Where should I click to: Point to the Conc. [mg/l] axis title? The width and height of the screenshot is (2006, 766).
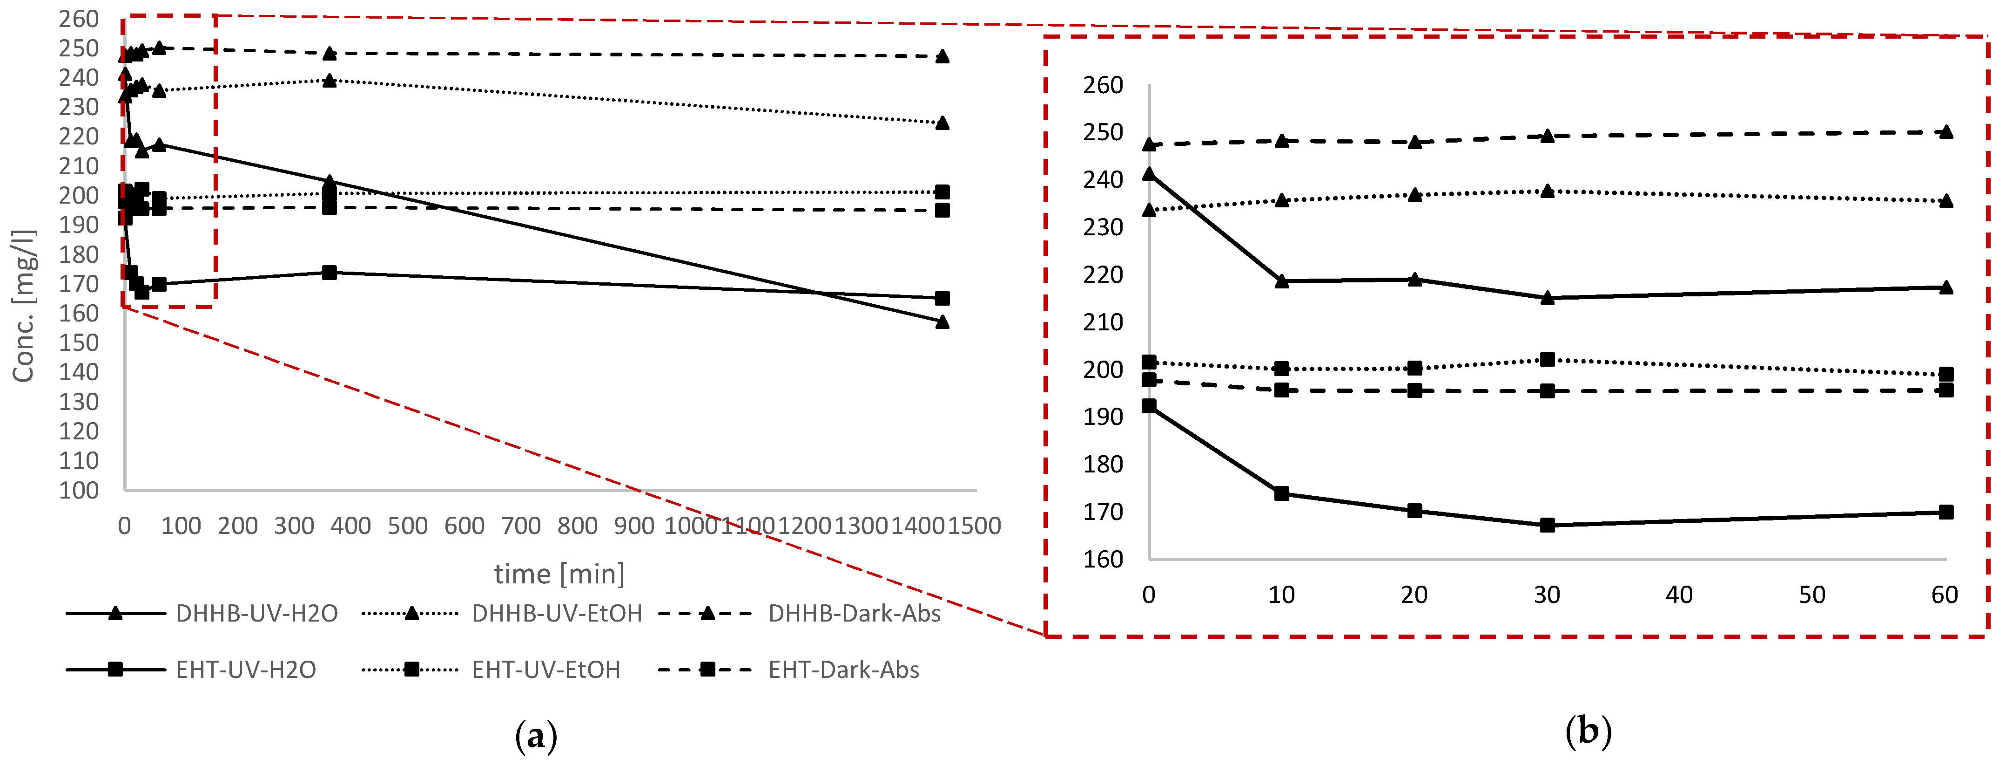[23, 306]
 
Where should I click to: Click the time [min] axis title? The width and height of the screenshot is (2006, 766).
[559, 574]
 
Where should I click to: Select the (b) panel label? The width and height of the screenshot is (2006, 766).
[1588, 732]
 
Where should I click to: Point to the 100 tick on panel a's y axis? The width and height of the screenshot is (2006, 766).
[79, 490]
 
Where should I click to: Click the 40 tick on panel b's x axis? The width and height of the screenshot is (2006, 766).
[1680, 595]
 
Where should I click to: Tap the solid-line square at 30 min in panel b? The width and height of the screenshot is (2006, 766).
[1548, 525]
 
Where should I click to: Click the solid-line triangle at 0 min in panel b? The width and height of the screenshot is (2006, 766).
[1149, 173]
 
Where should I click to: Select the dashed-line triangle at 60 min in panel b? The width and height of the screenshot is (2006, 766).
[1945, 132]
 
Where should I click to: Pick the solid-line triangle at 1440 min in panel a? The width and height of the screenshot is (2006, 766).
[942, 321]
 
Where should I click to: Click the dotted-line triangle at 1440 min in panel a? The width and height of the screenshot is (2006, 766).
[942, 123]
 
